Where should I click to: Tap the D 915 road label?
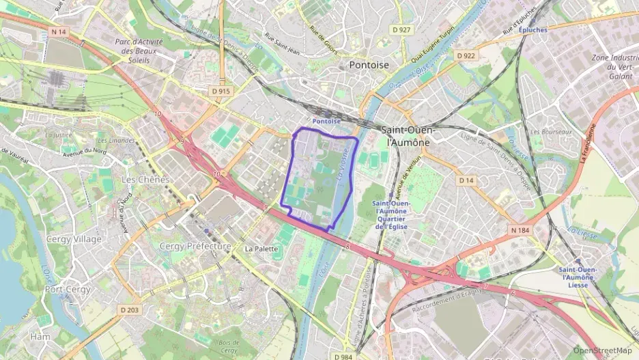click(221, 91)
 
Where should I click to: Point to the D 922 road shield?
click(466, 55)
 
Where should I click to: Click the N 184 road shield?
click(520, 230)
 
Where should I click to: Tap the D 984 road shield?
click(344, 356)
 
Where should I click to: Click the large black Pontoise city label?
click(369, 65)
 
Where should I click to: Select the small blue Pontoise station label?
click(326, 121)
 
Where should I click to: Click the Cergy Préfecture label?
click(195, 246)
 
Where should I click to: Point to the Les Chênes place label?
click(144, 179)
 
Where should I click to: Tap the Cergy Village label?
click(74, 239)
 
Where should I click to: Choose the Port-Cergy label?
click(68, 289)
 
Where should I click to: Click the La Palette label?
click(259, 248)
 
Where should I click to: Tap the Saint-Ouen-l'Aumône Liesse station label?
click(578, 277)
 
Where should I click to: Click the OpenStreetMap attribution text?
click(602, 350)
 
